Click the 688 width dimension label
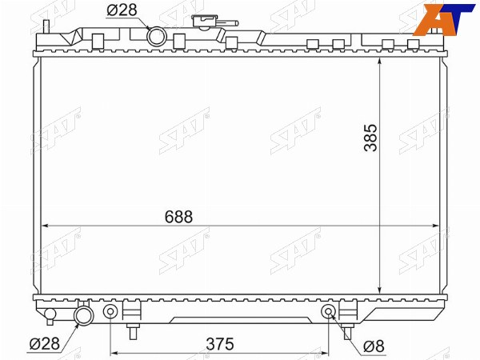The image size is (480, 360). pyautogui.click(x=178, y=217)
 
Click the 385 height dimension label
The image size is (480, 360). pyautogui.click(x=370, y=138)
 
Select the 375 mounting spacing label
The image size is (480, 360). pyautogui.click(x=220, y=344)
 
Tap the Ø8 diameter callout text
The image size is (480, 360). pyautogui.click(x=374, y=346)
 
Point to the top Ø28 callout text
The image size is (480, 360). pyautogui.click(x=122, y=10)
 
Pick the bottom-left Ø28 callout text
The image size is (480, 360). pyautogui.click(x=44, y=344)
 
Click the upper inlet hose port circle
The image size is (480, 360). pyautogui.click(x=157, y=36)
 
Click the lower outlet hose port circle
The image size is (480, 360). pyautogui.click(x=84, y=315)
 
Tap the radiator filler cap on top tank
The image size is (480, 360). pyautogui.click(x=204, y=22)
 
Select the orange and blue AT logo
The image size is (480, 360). pyautogui.click(x=443, y=19)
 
